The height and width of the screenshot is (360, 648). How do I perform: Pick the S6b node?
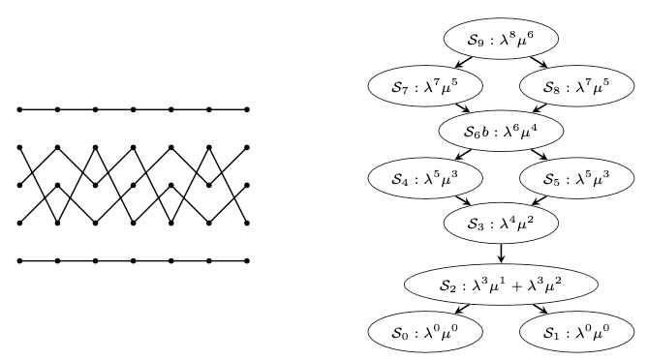[x=501, y=131]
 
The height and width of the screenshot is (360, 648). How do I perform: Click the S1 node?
[x=575, y=332]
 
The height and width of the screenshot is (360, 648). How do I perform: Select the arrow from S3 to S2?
[x=501, y=253]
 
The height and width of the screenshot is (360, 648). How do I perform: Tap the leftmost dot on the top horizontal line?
[x=19, y=109]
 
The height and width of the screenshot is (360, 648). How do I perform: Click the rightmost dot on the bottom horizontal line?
[x=248, y=261]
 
